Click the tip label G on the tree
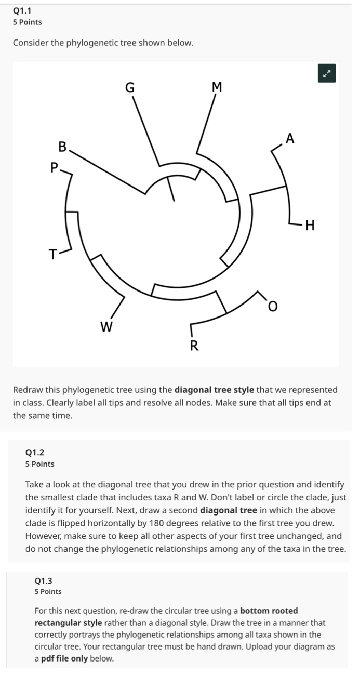[130, 88]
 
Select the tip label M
[217, 88]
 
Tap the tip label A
[290, 138]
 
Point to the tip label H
[310, 226]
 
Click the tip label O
[272, 308]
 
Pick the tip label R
[193, 346]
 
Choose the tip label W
[106, 327]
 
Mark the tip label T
[52, 255]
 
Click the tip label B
[62, 147]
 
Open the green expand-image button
[327, 74]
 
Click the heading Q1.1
[23, 10]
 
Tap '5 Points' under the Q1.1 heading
[28, 22]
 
